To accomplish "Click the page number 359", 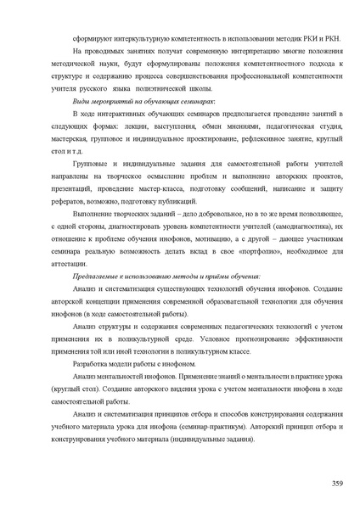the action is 337,483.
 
